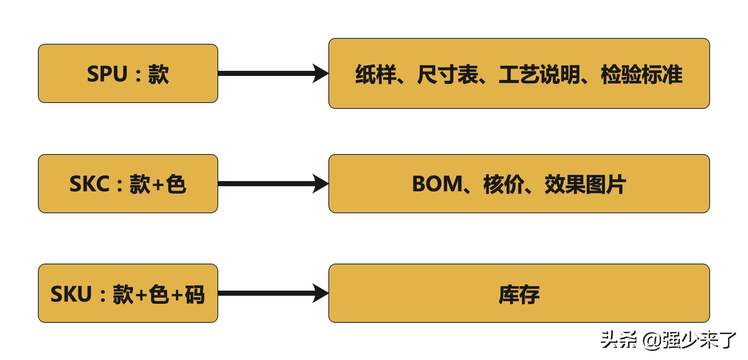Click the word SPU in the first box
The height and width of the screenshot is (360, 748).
pos(107,74)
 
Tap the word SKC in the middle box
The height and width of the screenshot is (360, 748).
pos(89,184)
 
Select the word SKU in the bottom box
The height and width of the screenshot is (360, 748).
pos(71,294)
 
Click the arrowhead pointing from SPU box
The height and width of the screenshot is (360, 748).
pos(320,73)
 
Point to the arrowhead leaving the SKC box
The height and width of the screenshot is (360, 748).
pos(320,184)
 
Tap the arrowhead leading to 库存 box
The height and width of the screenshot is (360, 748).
pos(320,293)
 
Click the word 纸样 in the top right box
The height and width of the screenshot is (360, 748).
pos(375,74)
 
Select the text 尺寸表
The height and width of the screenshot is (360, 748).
pos(447,74)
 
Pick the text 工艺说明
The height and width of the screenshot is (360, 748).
pos(539,74)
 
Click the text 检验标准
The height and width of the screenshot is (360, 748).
pos(641,74)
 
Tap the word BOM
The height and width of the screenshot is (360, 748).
pos(437,184)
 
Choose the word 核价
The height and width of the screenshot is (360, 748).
pos(504,184)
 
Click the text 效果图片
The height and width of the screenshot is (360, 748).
pos(585,184)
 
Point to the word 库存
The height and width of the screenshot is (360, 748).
pos(519,294)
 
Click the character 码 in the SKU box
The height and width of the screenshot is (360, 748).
pos(194,294)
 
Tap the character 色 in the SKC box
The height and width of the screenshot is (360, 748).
pos(176,184)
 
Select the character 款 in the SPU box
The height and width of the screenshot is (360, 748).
pos(158,74)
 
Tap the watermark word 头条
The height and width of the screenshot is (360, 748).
pos(618,340)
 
